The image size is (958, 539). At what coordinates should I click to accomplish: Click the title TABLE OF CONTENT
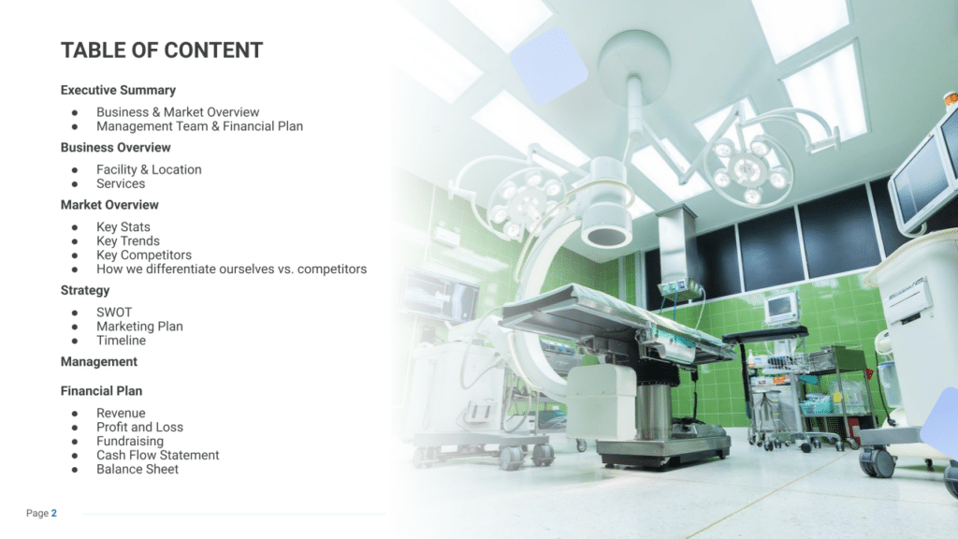click(162, 51)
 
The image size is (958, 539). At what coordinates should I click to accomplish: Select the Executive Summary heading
click(118, 91)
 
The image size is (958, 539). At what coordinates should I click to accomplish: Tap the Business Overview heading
click(115, 148)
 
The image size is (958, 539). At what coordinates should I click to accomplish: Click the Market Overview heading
click(109, 205)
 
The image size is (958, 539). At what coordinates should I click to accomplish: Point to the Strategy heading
click(85, 291)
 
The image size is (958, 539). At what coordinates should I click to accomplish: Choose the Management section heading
click(99, 362)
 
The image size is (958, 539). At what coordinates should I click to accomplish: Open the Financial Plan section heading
click(101, 391)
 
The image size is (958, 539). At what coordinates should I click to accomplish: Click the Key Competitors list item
click(144, 255)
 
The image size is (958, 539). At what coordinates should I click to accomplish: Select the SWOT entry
click(114, 313)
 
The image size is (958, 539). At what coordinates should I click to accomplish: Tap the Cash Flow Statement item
click(157, 456)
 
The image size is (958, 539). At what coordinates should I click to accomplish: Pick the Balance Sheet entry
click(138, 470)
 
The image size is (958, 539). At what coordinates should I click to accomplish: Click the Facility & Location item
click(149, 170)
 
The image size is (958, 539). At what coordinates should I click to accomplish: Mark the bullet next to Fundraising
click(75, 442)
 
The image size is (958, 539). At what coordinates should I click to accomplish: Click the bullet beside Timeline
click(75, 341)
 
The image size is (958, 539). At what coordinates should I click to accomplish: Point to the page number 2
click(53, 514)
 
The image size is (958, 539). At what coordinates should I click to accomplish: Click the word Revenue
click(121, 413)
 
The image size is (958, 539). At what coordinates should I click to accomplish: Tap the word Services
click(121, 184)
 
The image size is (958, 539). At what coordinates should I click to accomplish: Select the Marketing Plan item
click(140, 327)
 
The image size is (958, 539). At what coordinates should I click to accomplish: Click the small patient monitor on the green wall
click(781, 307)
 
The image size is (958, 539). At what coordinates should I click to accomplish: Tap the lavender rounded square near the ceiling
click(548, 65)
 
